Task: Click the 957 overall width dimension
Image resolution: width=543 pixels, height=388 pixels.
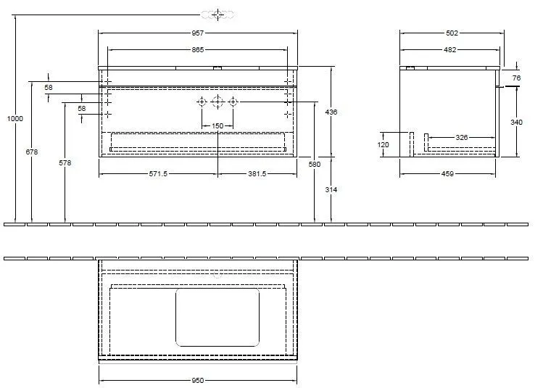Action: [x=198, y=33]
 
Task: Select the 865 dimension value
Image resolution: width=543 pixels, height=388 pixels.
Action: [x=198, y=49]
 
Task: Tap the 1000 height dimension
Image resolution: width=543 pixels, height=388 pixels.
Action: [x=15, y=118]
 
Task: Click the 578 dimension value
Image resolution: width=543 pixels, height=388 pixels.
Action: [x=65, y=163]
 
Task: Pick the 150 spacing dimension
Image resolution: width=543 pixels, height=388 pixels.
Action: [x=217, y=126]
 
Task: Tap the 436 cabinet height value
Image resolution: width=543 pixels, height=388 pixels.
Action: [x=332, y=112]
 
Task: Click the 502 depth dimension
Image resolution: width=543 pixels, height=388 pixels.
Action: [x=452, y=33]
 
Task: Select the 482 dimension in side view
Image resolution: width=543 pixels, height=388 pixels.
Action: [x=449, y=49]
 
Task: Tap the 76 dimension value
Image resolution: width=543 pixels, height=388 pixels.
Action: [x=517, y=78]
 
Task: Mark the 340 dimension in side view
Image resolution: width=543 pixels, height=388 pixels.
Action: [x=516, y=123]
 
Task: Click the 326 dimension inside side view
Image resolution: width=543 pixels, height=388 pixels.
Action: [x=461, y=137]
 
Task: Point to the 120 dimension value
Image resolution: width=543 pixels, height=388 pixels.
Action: [x=384, y=144]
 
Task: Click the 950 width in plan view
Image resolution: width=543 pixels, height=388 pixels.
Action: [x=197, y=379]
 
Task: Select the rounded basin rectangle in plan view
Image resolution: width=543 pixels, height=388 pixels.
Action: [x=217, y=316]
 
